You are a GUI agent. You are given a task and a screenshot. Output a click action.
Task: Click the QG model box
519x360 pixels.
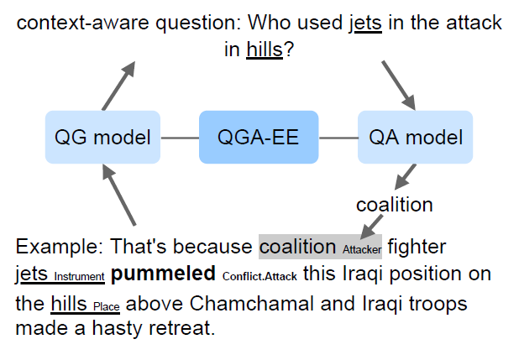[102, 137]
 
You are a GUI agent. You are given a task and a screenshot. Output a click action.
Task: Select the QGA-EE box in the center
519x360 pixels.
[258, 137]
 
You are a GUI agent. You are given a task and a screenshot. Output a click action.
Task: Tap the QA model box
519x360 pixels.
[415, 137]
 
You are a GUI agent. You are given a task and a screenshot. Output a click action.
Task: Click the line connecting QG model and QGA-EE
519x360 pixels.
[179, 138]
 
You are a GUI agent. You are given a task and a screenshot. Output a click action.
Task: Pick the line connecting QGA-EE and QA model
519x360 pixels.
[338, 138]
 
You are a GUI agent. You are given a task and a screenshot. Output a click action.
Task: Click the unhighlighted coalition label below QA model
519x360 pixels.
[394, 204]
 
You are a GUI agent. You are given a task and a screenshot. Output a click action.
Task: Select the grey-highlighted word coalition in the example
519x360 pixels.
[297, 246]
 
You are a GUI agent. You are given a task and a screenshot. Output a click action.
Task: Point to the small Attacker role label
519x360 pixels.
[361, 249]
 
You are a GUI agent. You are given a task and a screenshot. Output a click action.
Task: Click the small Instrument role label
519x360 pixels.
[79, 277]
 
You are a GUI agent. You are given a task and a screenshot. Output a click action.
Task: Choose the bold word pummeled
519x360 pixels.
[163, 274]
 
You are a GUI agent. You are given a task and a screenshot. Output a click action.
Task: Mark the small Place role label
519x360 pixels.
[107, 305]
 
